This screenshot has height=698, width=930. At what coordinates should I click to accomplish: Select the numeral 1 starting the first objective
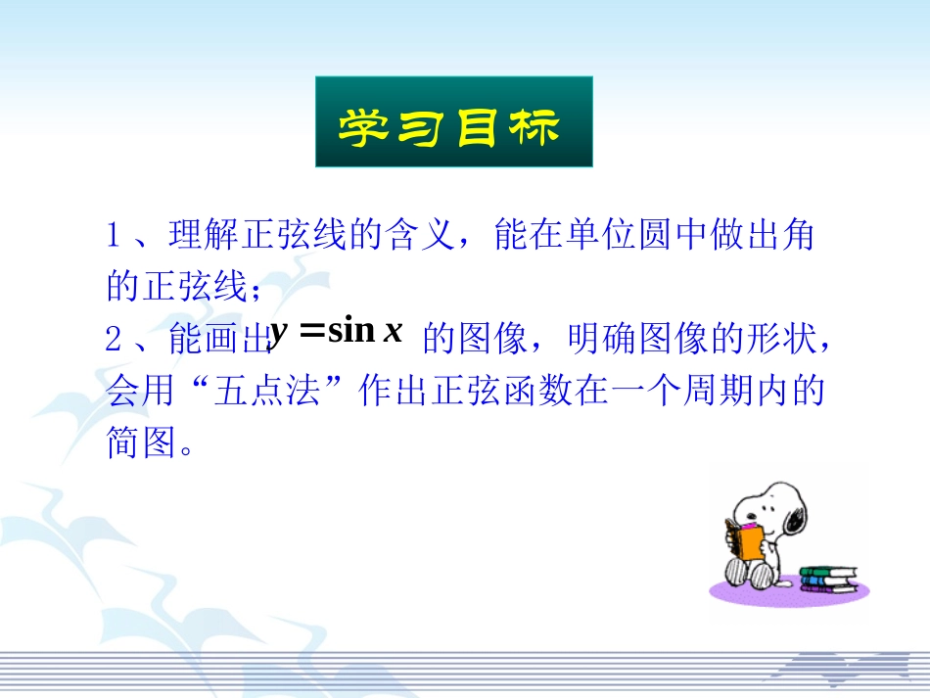click(114, 236)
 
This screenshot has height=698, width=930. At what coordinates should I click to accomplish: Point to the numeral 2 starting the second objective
click(114, 339)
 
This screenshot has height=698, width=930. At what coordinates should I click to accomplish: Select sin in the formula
click(352, 332)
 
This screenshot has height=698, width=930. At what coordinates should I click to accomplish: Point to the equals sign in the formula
click(311, 333)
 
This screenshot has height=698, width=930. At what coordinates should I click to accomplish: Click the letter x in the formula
click(394, 333)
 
